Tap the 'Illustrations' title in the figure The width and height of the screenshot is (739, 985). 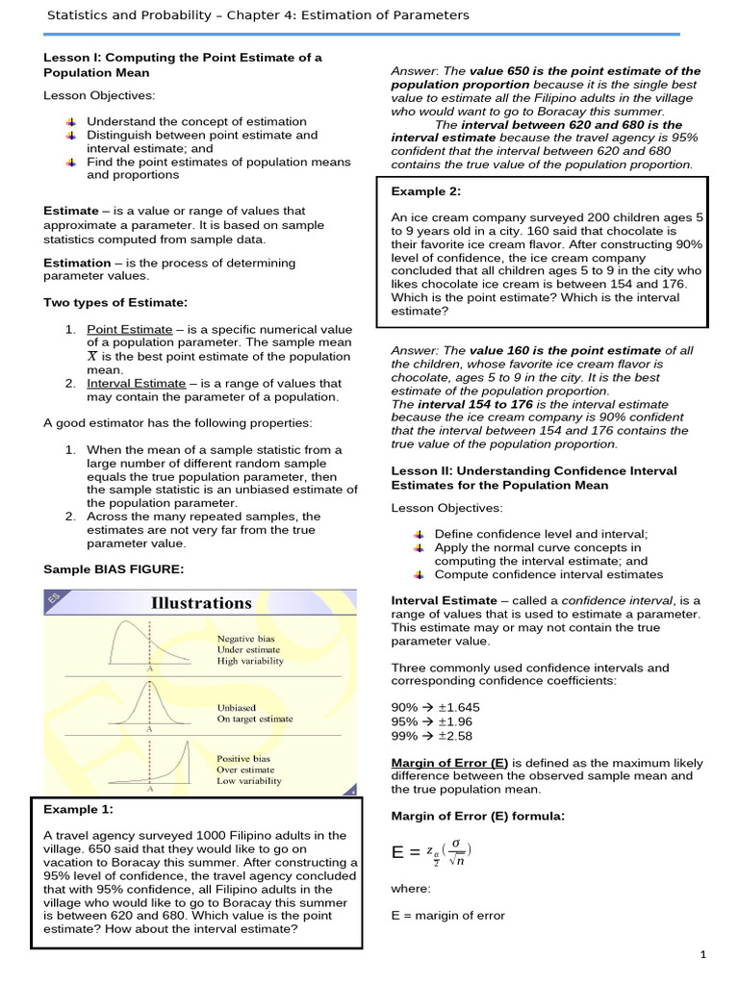(x=201, y=603)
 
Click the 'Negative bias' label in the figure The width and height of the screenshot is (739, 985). (x=245, y=638)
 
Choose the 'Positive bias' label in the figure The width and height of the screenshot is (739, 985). (x=244, y=758)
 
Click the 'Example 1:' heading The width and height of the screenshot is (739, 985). (x=79, y=809)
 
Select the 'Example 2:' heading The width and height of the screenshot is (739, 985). (x=426, y=191)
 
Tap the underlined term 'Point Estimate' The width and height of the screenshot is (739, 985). (x=129, y=329)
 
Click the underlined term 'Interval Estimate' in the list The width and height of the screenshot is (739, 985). (x=136, y=383)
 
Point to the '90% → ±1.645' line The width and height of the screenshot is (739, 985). (x=435, y=707)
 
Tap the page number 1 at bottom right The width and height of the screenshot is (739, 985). (x=703, y=954)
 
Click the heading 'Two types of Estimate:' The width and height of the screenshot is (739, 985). (x=115, y=302)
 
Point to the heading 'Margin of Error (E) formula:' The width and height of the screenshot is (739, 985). (x=477, y=816)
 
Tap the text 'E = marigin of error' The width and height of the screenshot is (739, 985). (x=447, y=915)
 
